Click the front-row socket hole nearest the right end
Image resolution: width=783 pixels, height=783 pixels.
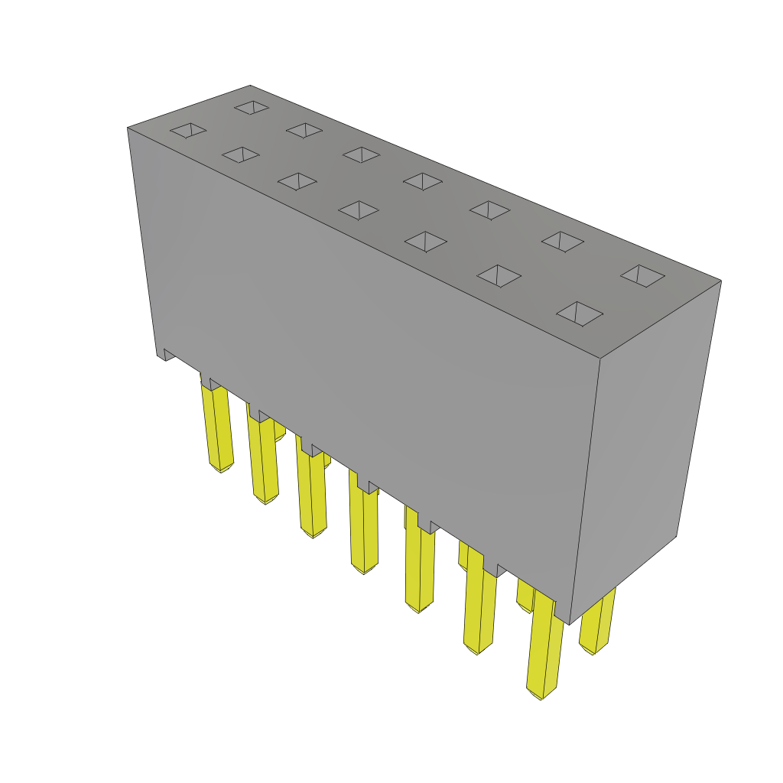pyautogui.click(x=580, y=313)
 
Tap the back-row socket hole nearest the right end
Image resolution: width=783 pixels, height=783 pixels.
pyautogui.click(x=642, y=275)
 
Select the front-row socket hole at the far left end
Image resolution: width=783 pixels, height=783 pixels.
pyautogui.click(x=188, y=130)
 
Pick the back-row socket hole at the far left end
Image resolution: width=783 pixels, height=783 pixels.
pyautogui.click(x=252, y=107)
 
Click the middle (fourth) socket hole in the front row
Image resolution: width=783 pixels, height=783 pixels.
pyautogui.click(x=359, y=210)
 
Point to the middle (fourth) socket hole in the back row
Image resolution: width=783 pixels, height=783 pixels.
pyautogui.click(x=423, y=181)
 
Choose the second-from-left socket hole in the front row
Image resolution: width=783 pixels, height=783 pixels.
pyautogui.click(x=241, y=154)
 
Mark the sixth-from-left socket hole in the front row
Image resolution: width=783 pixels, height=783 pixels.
pyautogui.click(x=499, y=275)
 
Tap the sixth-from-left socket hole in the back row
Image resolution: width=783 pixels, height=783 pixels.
pyautogui.click(x=563, y=241)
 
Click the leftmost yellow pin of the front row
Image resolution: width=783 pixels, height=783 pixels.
pyautogui.click(x=217, y=428)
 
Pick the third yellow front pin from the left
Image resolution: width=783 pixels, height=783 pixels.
pyautogui.click(x=313, y=493)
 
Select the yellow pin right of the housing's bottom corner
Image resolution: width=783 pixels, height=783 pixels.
pyautogui.click(x=596, y=623)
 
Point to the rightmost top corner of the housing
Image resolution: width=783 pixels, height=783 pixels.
pyautogui.click(x=720, y=281)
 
